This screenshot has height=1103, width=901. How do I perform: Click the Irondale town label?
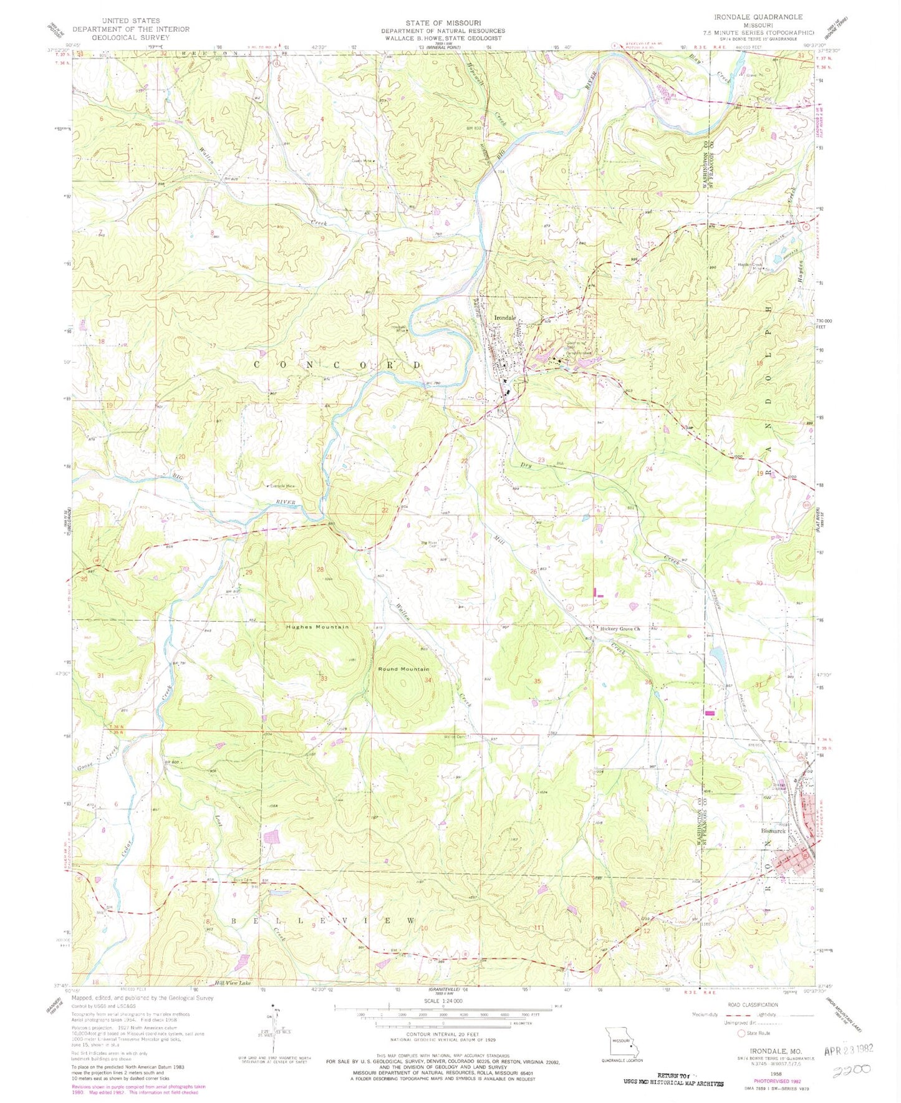(505, 318)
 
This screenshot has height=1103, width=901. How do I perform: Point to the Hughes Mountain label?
(317, 627)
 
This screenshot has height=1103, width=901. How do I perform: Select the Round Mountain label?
(403, 669)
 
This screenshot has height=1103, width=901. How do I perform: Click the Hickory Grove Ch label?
(620, 629)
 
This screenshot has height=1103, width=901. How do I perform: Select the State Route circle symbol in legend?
(742, 1033)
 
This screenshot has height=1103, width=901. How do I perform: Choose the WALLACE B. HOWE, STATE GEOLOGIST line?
(443, 38)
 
